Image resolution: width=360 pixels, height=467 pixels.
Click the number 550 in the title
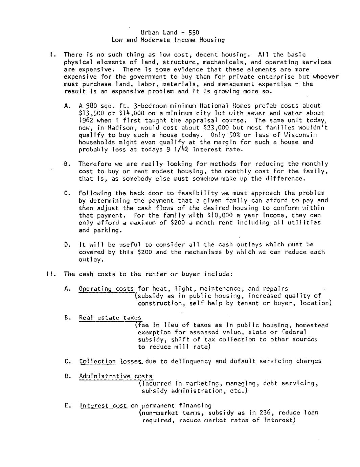[x=194, y=32]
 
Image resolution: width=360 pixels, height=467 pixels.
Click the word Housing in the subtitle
[x=212, y=40]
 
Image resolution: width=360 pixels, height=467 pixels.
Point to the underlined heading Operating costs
[x=107, y=289]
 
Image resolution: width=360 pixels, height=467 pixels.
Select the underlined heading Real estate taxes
[x=110, y=318]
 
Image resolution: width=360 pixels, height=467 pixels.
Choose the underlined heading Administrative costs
[x=116, y=376]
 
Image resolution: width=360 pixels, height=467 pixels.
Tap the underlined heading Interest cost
[x=104, y=405]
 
